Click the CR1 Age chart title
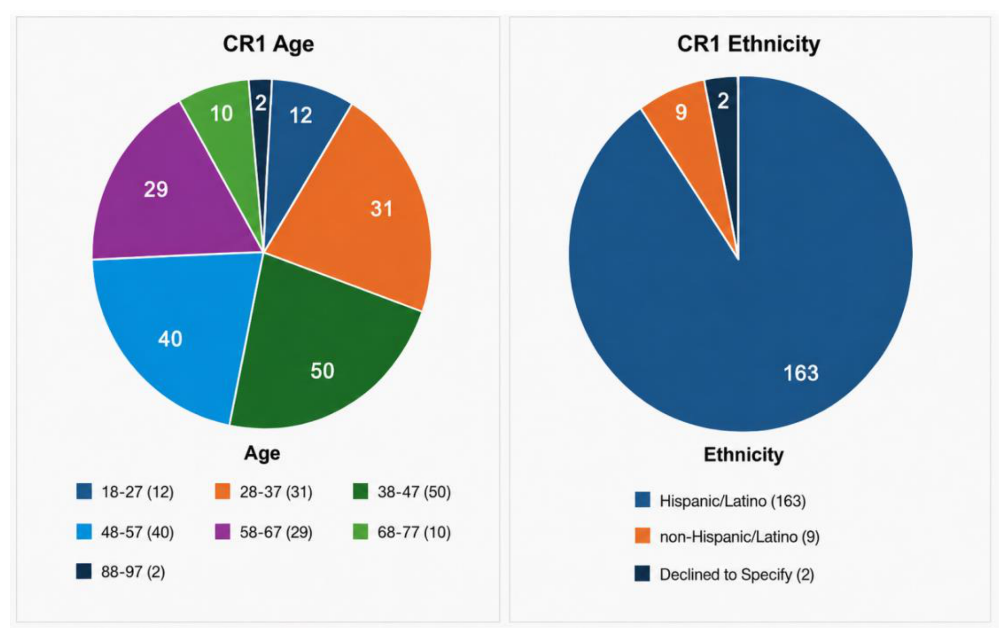[x=268, y=44]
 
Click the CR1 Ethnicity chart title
[x=748, y=44]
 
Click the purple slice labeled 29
[x=167, y=192]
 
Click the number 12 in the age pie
[x=301, y=116]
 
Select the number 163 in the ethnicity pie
[x=801, y=373]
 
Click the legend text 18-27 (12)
[x=138, y=492]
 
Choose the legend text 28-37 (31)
[x=276, y=492]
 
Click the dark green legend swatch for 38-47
[x=360, y=492]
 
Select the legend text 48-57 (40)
[x=138, y=532]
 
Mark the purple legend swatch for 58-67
[x=223, y=532]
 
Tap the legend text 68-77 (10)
[x=414, y=532]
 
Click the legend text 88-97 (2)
[x=133, y=572]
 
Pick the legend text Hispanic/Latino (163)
[x=733, y=501]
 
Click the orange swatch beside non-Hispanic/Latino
[x=642, y=536]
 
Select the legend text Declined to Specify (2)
[x=737, y=575]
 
